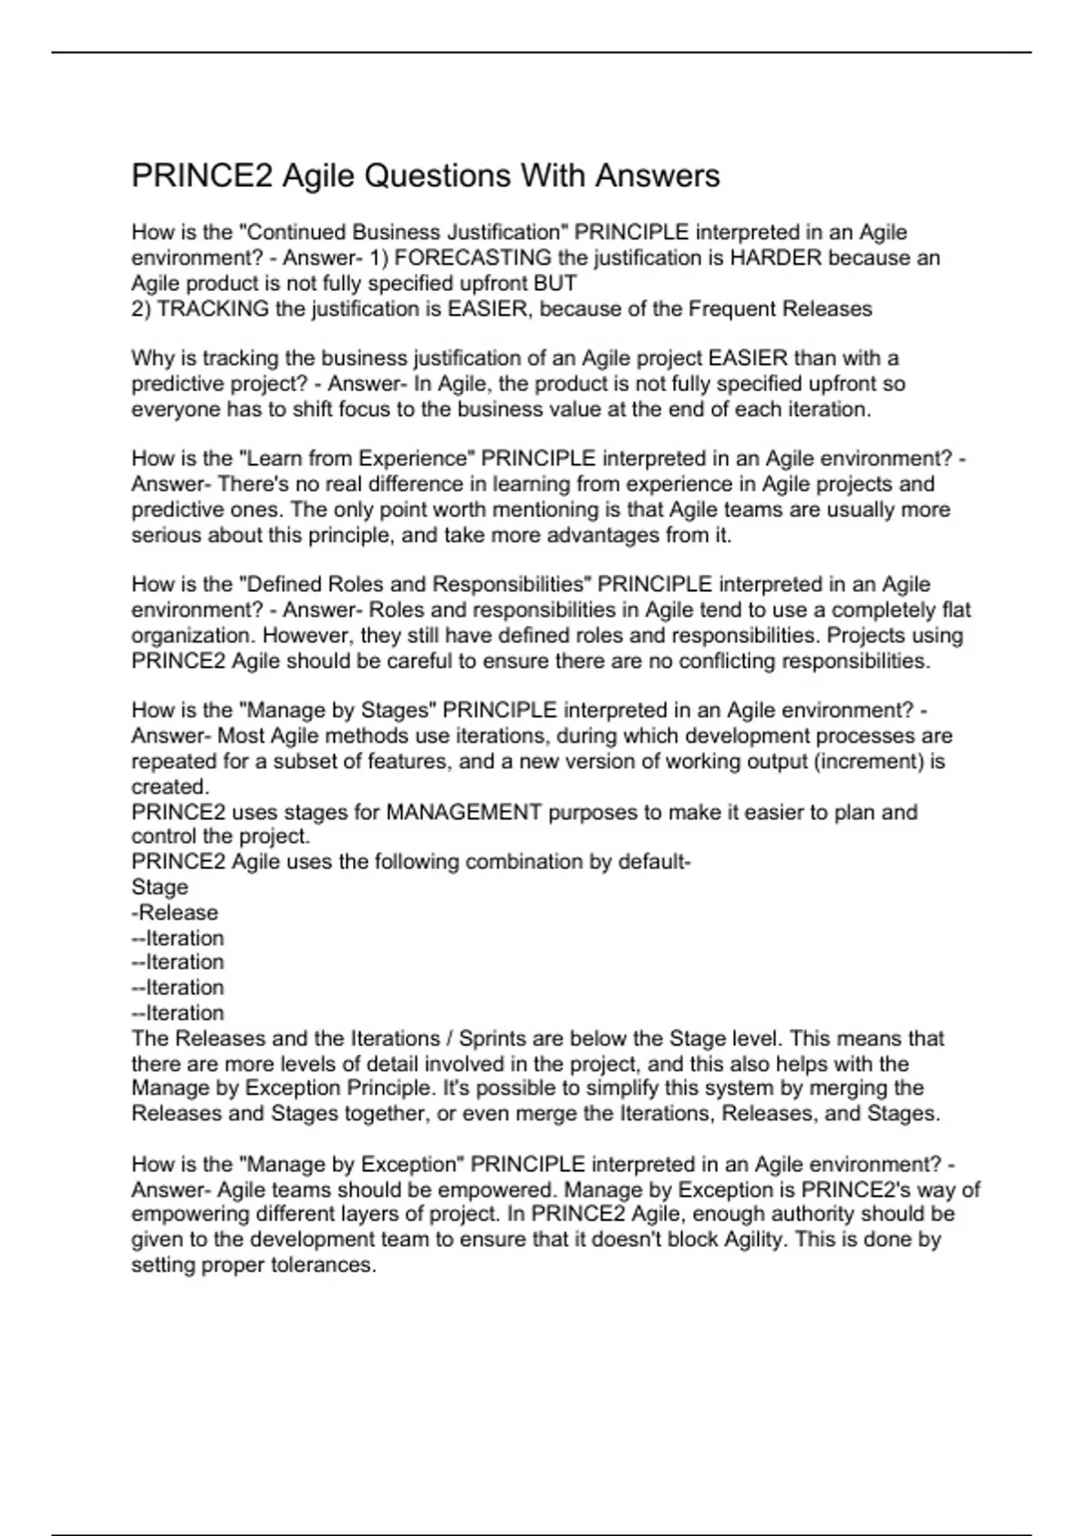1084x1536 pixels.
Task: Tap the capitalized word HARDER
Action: [x=776, y=258]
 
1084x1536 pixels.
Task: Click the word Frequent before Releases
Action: [x=732, y=309]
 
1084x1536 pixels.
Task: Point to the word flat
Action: [x=956, y=610]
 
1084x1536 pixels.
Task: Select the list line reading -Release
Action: [x=175, y=913]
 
